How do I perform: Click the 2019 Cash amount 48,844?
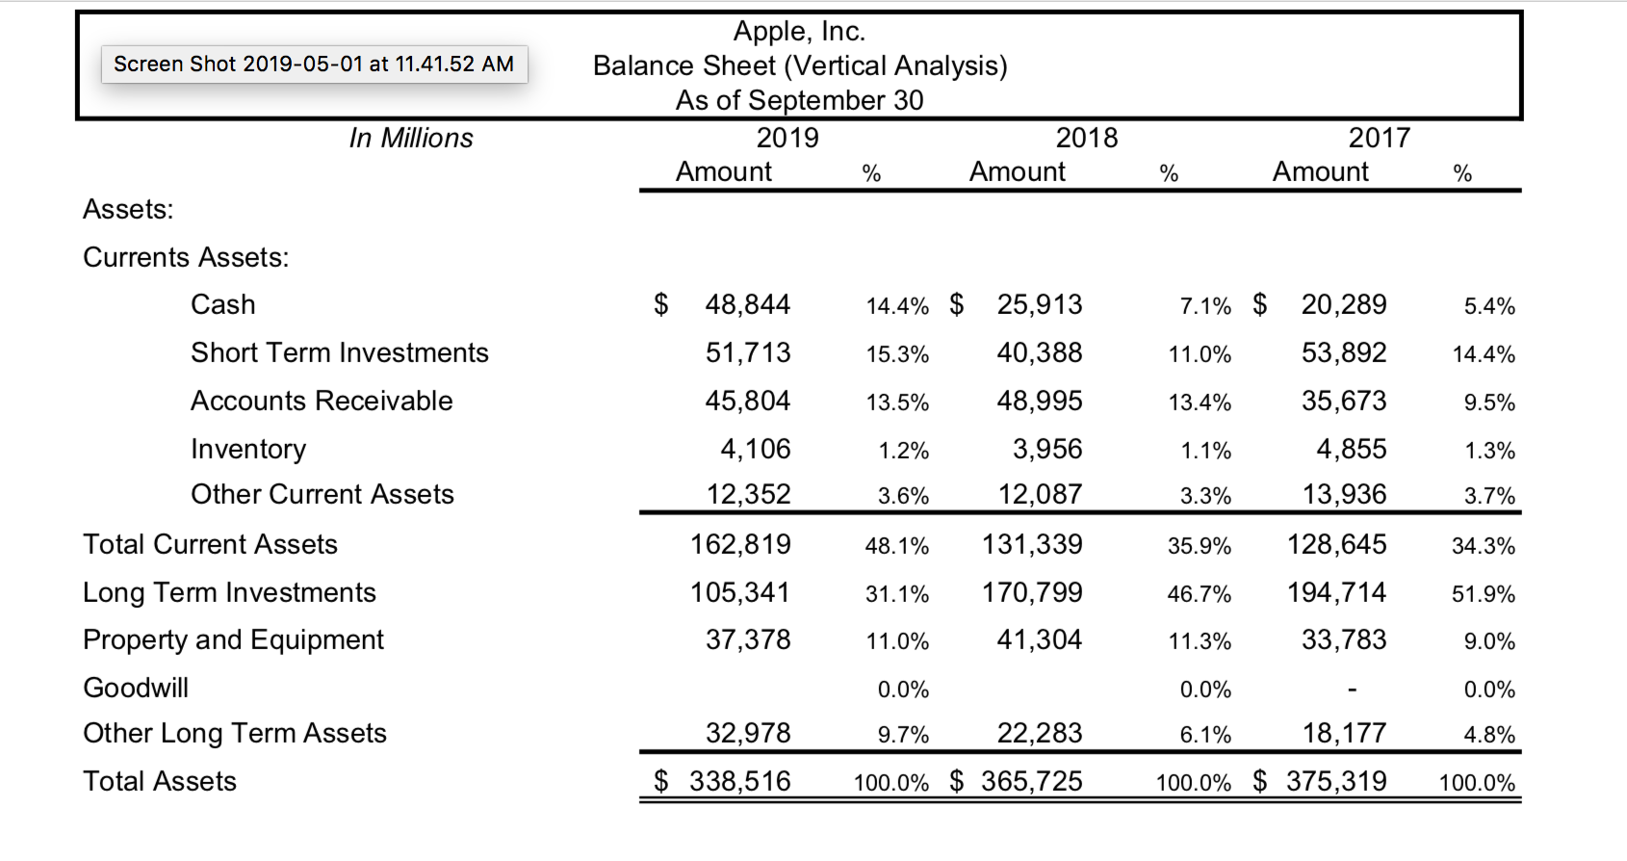[x=747, y=304]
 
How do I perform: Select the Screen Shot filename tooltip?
[x=314, y=65]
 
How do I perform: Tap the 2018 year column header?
[x=1086, y=138]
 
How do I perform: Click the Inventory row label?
[x=248, y=449]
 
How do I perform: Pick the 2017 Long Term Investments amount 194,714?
[x=1336, y=592]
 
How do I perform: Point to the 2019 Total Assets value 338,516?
[x=739, y=781]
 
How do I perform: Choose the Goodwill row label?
[x=136, y=688]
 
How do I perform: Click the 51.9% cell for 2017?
[x=1483, y=594]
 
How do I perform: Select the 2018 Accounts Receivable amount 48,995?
[x=1039, y=401]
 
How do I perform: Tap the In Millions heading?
[x=411, y=139]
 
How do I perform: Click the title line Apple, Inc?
[x=799, y=32]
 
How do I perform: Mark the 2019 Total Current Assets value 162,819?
[x=739, y=544]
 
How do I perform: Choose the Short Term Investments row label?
[x=339, y=352]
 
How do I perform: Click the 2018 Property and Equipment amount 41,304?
[x=1039, y=639]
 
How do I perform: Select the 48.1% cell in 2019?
[x=896, y=546]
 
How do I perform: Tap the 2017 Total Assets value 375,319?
[x=1336, y=781]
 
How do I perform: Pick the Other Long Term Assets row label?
[x=235, y=733]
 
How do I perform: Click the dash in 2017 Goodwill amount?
[x=1352, y=690]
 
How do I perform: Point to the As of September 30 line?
[x=799, y=100]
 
